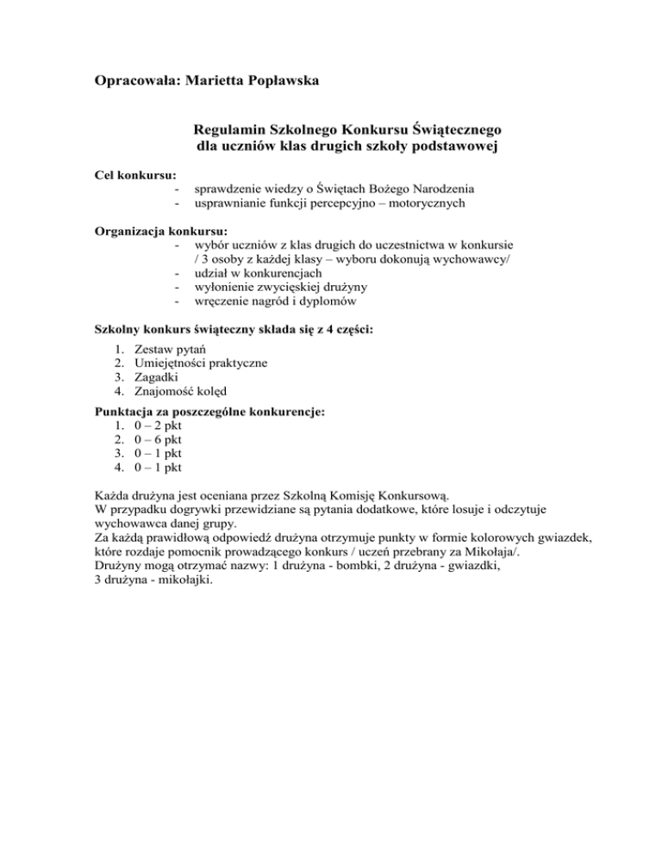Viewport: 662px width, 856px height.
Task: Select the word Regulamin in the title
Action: pos(230,130)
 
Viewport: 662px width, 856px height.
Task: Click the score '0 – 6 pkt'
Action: pos(158,440)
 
